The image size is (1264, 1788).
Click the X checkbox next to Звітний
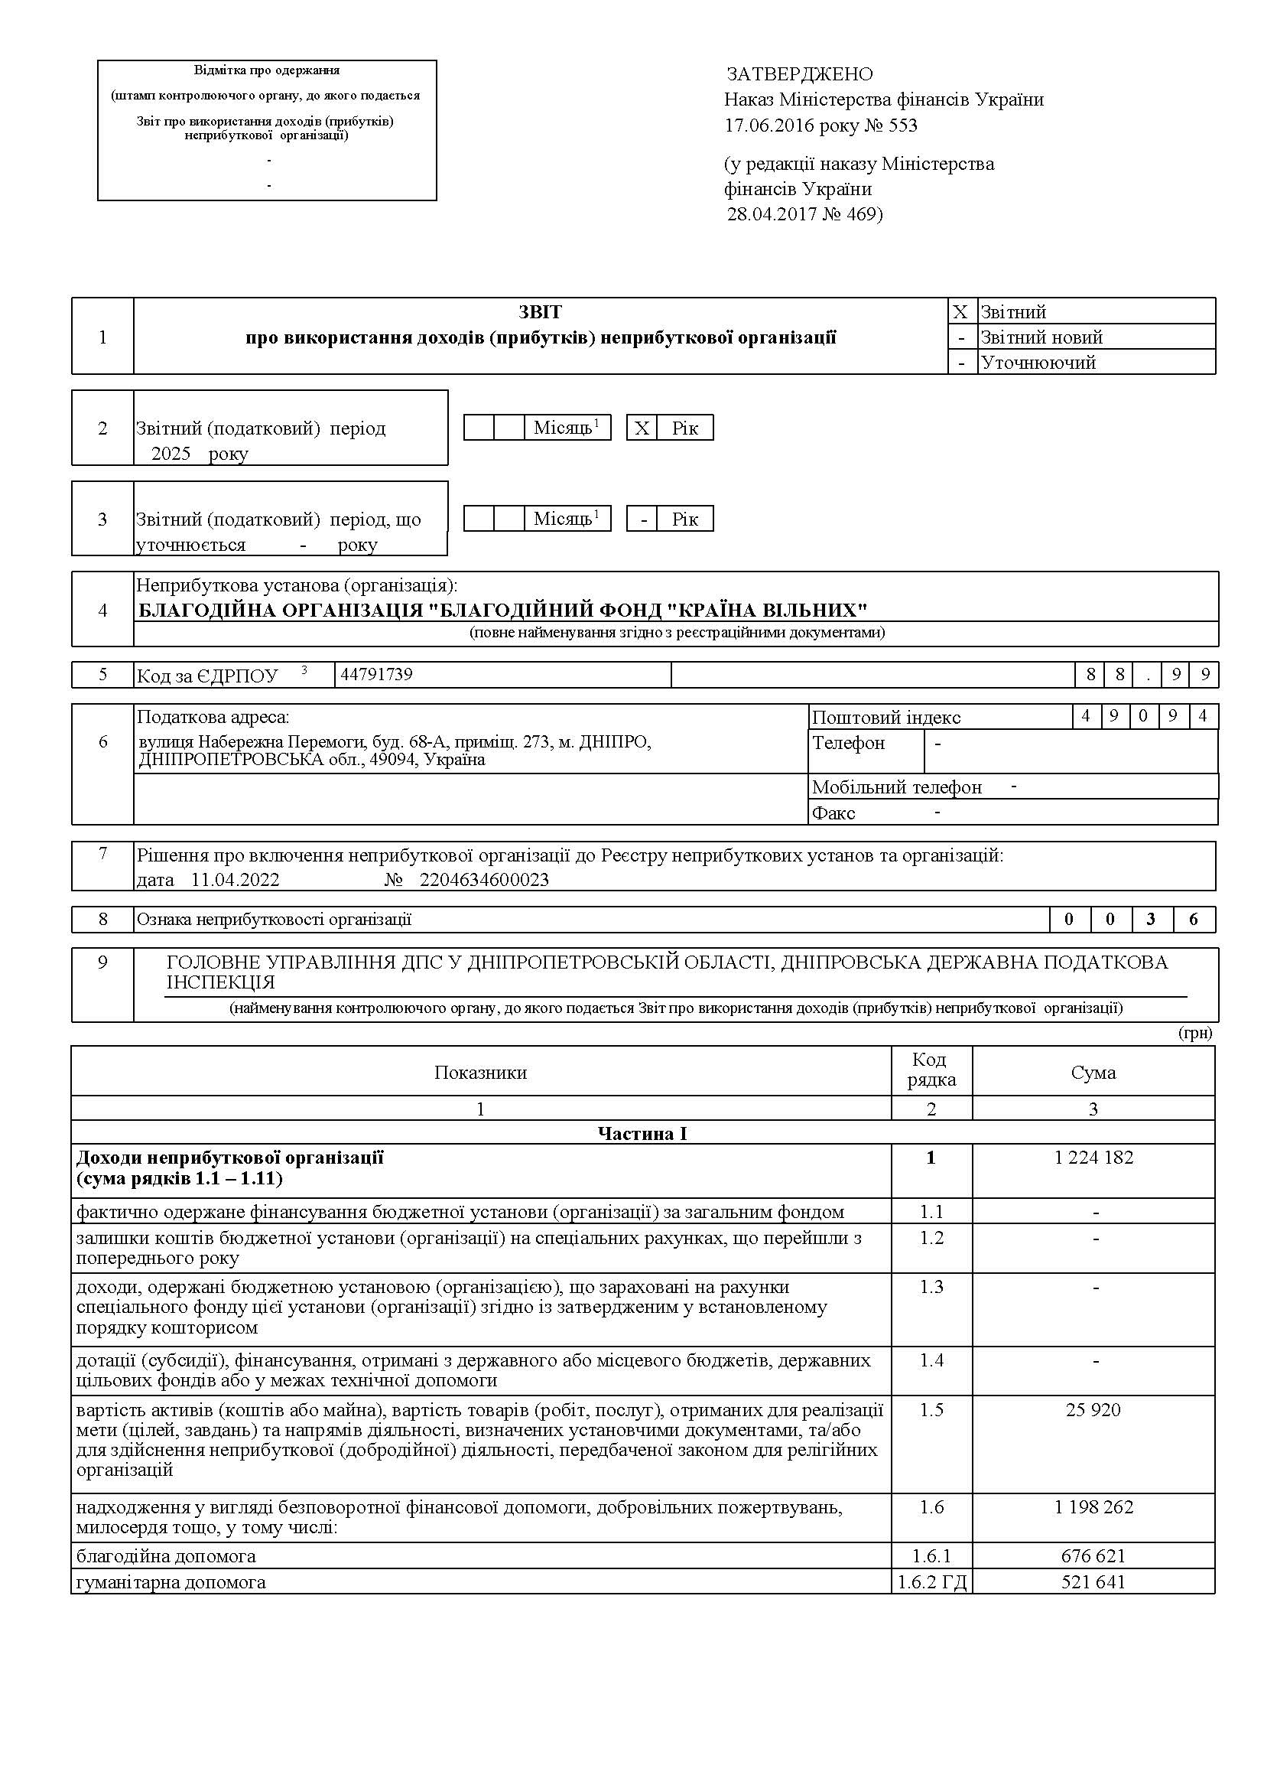coord(960,312)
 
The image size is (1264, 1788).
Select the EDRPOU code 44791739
coord(377,674)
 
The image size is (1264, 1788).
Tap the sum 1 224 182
coord(1093,1158)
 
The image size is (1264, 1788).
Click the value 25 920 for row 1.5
coord(1093,1409)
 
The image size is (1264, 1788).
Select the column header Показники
coord(480,1073)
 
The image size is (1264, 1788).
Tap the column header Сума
coord(1093,1073)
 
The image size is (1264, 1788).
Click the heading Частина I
coord(642,1133)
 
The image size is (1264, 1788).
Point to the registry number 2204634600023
coord(484,880)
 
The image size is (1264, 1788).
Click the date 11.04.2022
coord(235,880)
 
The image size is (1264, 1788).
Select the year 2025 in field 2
coord(171,453)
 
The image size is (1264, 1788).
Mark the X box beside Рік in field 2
coord(642,428)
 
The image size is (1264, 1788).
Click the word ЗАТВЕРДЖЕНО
coord(799,74)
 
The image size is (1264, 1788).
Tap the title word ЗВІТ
coord(540,312)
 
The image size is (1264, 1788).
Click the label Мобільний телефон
coord(897,787)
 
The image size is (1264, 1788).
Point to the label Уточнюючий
coord(1038,362)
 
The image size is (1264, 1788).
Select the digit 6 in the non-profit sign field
coord(1193,920)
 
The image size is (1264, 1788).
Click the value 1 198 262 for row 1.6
coord(1093,1507)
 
